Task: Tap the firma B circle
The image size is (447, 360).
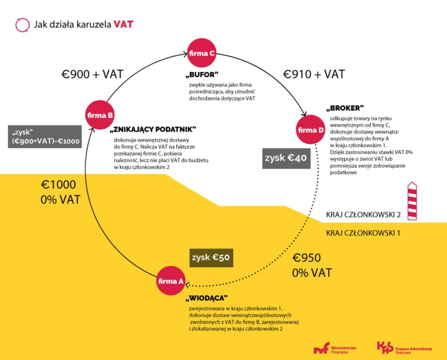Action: pyautogui.click(x=100, y=115)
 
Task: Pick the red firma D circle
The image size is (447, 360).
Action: pyautogui.click(x=311, y=130)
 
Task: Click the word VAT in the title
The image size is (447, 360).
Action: pyautogui.click(x=124, y=24)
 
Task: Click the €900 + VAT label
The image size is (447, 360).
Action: pyautogui.click(x=92, y=75)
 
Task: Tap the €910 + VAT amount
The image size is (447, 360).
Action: pyautogui.click(x=314, y=74)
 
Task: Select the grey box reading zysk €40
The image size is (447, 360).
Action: pyautogui.click(x=286, y=158)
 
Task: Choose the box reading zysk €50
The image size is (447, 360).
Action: pyautogui.click(x=212, y=257)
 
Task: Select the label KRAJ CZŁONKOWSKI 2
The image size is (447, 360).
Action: pyautogui.click(x=363, y=215)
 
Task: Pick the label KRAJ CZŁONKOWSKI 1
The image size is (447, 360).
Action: pyautogui.click(x=363, y=233)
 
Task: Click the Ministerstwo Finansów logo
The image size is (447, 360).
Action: pyautogui.click(x=335, y=348)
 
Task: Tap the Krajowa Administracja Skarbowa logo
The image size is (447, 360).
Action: pyautogui.click(x=405, y=348)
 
